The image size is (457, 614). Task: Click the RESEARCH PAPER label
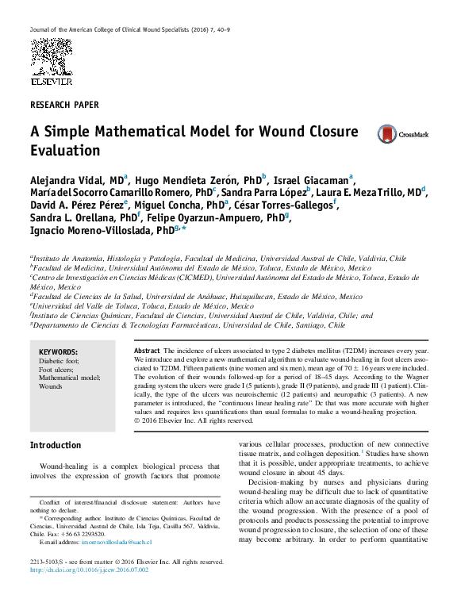pos(64,105)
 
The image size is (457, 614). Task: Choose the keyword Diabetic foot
pos(60,361)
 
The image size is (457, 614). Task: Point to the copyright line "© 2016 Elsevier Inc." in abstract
pos(187,420)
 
